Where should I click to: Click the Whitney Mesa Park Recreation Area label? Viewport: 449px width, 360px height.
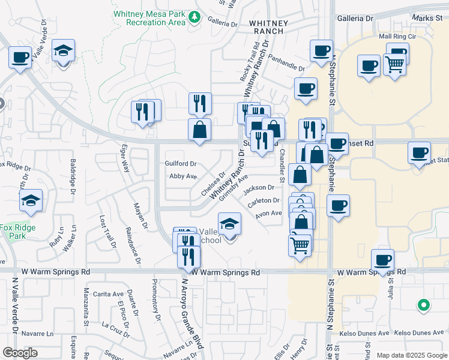pos(155,18)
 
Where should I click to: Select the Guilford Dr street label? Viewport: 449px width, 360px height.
pos(181,164)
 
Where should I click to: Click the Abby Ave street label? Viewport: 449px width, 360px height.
pos(183,176)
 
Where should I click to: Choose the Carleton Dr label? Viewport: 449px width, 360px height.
pos(264,201)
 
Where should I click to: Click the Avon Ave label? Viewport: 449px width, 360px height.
pos(268,213)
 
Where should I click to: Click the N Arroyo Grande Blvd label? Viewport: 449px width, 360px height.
pos(191,312)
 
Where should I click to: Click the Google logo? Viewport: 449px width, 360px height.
pos(20,353)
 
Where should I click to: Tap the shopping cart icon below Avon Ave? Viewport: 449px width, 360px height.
pos(299,245)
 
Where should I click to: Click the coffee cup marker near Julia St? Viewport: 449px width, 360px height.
pos(382,261)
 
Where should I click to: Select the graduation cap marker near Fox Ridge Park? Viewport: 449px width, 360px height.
pos(31,202)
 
